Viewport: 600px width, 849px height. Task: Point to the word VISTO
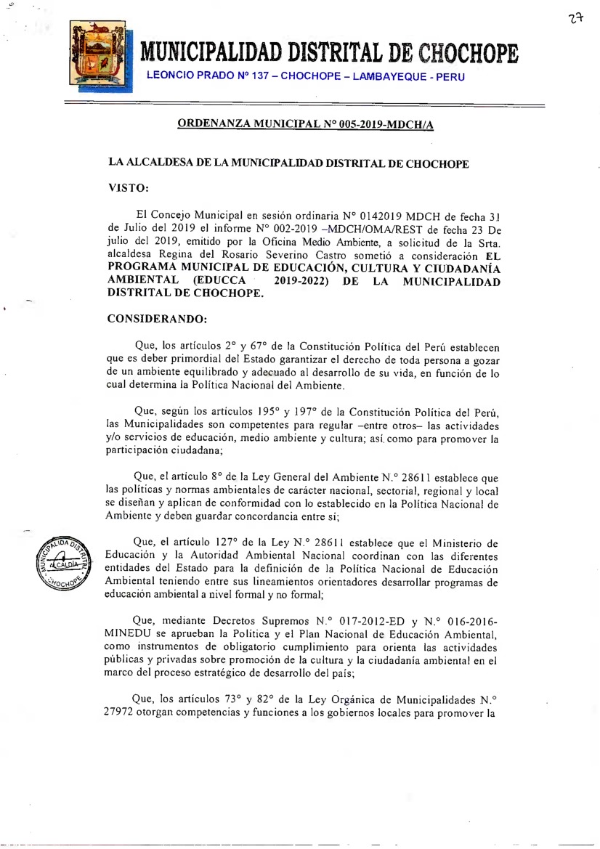(x=129, y=187)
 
